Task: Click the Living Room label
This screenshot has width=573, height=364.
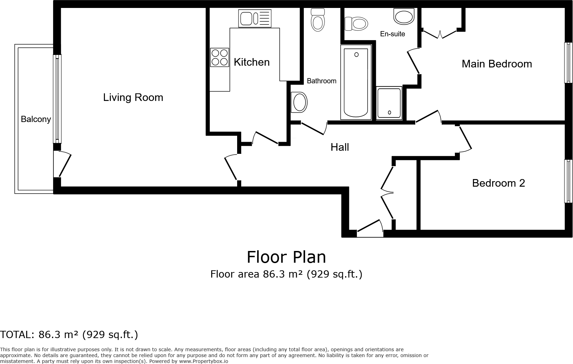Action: (133, 97)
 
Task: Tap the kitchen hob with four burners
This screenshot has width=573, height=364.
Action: (220, 57)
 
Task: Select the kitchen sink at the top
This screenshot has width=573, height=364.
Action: (254, 18)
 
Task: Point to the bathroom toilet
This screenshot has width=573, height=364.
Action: (318, 19)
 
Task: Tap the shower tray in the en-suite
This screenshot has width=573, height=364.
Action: (389, 103)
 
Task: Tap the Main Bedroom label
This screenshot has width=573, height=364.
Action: (496, 64)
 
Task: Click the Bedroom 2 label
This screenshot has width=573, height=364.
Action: (498, 183)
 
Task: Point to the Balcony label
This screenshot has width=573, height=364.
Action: (36, 119)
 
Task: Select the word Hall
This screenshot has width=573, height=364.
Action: (340, 147)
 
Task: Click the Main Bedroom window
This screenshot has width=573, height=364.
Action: (568, 63)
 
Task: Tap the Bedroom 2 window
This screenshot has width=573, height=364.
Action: (568, 181)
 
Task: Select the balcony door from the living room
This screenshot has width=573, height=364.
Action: (62, 164)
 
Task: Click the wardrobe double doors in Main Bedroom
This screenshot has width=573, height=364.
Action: (440, 34)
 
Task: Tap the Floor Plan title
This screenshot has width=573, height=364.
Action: (286, 257)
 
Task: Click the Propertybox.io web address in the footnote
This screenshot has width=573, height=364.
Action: (203, 361)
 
